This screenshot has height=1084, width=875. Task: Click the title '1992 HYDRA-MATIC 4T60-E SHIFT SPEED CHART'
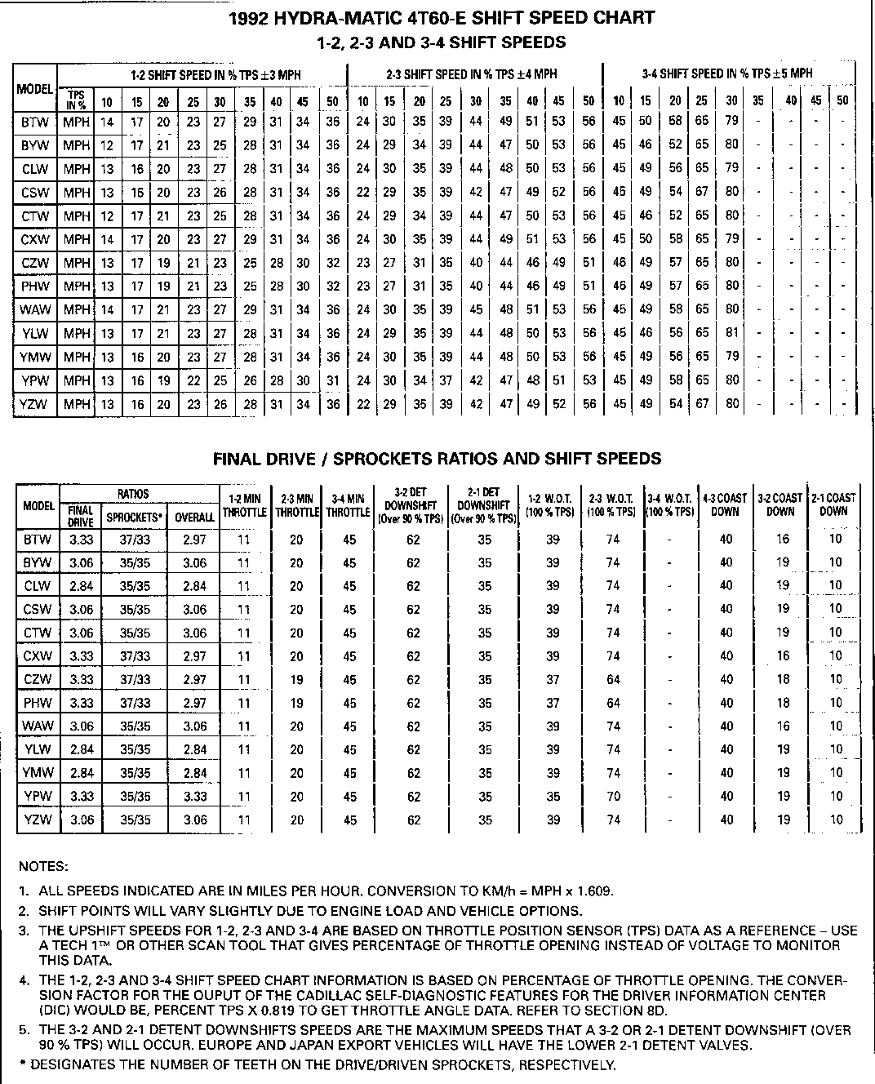pos(442,17)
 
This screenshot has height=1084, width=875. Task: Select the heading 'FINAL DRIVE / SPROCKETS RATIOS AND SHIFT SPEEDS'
pos(437,459)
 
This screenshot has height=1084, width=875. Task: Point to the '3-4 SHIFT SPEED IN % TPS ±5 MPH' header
pos(727,73)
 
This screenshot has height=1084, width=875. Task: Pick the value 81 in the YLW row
pos(731,333)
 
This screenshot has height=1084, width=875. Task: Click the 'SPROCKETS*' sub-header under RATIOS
pos(135,517)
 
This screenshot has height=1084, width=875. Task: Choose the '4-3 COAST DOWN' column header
pos(725,504)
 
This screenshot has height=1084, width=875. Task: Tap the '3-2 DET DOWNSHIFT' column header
pos(413,505)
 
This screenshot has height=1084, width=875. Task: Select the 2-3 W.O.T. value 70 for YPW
pos(614,797)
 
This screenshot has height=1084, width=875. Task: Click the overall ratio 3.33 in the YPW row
pos(195,797)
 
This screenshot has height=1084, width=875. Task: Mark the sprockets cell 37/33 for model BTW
pos(135,540)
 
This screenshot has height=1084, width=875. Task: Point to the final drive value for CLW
pos(82,586)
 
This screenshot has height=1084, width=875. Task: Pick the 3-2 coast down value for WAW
pos(783,726)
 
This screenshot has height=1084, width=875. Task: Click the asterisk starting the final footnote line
pos(22,1064)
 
